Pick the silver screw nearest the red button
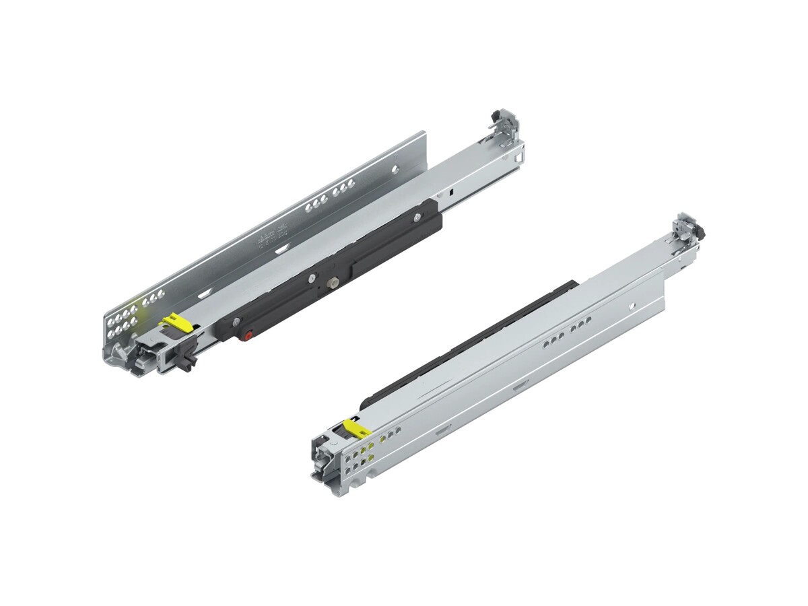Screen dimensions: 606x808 [x=234, y=322]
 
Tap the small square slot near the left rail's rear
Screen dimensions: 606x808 [x=450, y=191]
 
